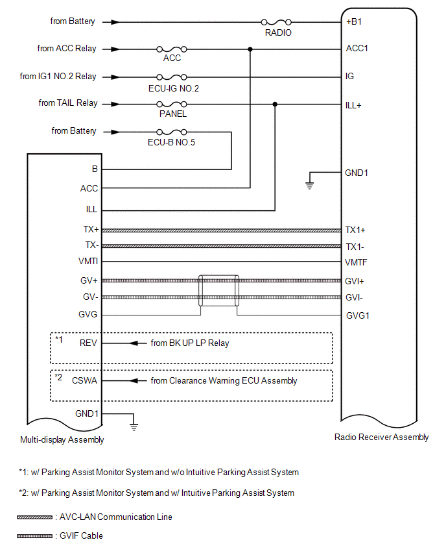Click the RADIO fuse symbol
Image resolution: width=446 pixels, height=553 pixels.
pyautogui.click(x=276, y=21)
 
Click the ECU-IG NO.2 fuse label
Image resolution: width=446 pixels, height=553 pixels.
pyautogui.click(x=173, y=88)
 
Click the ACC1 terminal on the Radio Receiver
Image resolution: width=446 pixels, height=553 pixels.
pyautogui.click(x=357, y=49)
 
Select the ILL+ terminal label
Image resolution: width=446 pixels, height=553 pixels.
pyautogui.click(x=354, y=104)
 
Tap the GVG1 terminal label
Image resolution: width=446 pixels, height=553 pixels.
pyautogui.click(x=358, y=315)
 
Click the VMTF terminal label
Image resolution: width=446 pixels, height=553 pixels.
pyautogui.click(x=357, y=263)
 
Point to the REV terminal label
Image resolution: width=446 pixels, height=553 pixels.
pyautogui.click(x=89, y=343)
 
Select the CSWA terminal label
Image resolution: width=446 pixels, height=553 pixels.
pyautogui.click(x=86, y=381)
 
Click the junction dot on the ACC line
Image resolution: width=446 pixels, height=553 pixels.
pyautogui.click(x=250, y=49)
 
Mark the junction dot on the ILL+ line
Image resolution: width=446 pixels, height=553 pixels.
pyautogui.click(x=276, y=104)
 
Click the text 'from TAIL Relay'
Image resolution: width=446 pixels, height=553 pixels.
pyautogui.click(x=68, y=103)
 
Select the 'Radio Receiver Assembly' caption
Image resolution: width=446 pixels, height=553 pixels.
pyautogui.click(x=381, y=437)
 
